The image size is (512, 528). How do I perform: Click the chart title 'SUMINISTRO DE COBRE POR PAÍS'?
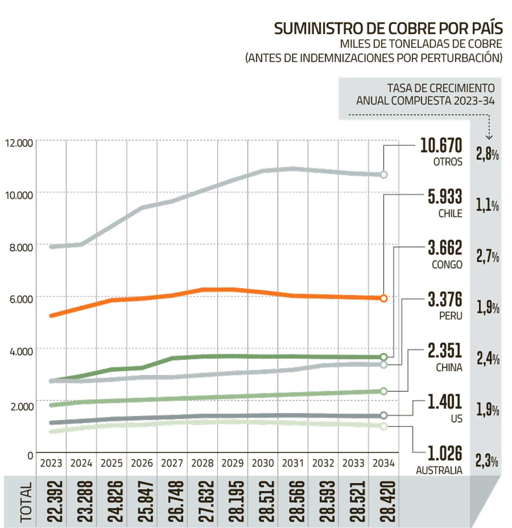(388, 29)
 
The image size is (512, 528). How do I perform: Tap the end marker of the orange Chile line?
(384, 298)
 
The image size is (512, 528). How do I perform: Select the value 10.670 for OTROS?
(441, 146)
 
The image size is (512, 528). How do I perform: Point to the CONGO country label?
(447, 265)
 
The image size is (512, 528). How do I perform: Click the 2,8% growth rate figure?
(487, 154)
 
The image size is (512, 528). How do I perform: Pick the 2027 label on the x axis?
(172, 463)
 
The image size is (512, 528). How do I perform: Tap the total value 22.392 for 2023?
(55, 502)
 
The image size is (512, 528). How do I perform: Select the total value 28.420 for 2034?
(388, 502)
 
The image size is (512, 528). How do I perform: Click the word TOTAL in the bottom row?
(26, 502)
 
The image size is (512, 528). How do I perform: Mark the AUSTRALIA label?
(439, 470)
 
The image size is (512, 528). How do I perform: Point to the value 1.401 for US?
(445, 402)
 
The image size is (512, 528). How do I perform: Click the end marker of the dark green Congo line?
(384, 357)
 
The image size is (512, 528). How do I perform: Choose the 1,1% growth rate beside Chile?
(487, 205)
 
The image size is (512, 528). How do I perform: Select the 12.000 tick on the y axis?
(19, 143)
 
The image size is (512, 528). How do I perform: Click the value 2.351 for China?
(445, 351)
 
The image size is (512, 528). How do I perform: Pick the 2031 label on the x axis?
(293, 463)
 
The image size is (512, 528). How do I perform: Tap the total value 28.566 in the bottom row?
(297, 502)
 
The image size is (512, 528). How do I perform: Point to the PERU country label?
(451, 316)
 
